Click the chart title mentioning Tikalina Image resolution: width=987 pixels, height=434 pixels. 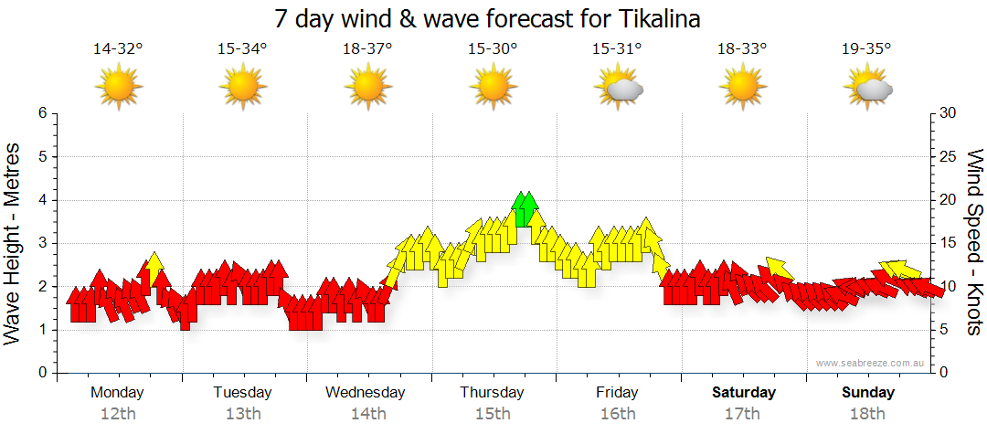[493, 19]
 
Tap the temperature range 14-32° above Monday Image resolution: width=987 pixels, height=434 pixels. [118, 48]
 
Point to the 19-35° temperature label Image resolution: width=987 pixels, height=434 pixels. [866, 48]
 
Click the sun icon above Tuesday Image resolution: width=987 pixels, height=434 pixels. [243, 88]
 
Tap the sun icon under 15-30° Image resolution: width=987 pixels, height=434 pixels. [493, 88]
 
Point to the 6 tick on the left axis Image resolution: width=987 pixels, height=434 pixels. [42, 113]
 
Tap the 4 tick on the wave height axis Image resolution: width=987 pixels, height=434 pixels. [42, 200]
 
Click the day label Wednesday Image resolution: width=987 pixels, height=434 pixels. [366, 393]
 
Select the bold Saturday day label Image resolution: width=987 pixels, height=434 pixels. [744, 393]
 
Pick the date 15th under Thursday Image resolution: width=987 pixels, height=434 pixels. [493, 414]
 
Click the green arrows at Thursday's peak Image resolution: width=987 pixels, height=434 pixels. [525, 209]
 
